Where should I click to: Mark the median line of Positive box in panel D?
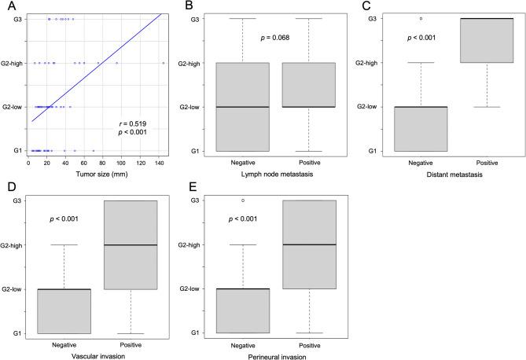(131, 245)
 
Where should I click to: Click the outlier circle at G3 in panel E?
(242, 200)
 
